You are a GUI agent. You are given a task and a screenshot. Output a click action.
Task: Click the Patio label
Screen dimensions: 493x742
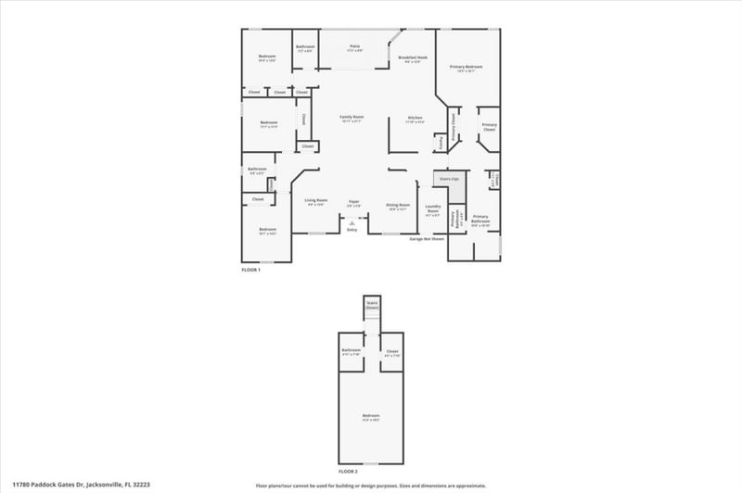[x=354, y=46]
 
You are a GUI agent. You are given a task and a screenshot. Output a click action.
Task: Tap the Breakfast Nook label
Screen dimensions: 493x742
[x=413, y=58]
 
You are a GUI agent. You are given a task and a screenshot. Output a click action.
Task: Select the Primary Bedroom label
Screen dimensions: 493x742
[x=466, y=68]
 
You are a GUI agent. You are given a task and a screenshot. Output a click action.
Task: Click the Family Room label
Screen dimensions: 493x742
[x=352, y=118]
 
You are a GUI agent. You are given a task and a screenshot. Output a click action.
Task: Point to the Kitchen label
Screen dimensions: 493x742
[x=416, y=119]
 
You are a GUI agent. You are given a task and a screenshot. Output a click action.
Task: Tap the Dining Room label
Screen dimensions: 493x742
[x=398, y=206]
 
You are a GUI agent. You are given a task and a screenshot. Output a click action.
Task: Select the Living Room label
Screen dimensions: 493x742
[x=315, y=201]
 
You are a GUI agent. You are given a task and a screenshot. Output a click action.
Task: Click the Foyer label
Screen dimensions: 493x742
[x=353, y=201]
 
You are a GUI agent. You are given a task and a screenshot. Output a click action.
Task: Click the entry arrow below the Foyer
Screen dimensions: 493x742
[x=352, y=222]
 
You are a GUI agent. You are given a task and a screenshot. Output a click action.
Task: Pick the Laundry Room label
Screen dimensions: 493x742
[x=432, y=209]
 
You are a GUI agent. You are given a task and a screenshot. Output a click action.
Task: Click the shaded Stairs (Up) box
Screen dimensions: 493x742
[x=451, y=179]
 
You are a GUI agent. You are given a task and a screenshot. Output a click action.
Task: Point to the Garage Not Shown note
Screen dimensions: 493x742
[x=427, y=238]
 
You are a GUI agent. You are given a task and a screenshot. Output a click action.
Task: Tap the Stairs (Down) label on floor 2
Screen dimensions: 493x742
[x=372, y=305]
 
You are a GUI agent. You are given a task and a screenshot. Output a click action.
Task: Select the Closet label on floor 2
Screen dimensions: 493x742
[x=391, y=351]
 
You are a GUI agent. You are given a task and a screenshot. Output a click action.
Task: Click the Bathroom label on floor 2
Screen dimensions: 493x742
[x=351, y=351]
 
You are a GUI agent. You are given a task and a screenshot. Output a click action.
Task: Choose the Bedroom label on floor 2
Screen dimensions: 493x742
[x=371, y=416]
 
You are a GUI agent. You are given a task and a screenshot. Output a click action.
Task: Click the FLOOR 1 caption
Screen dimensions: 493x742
[x=250, y=270]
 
